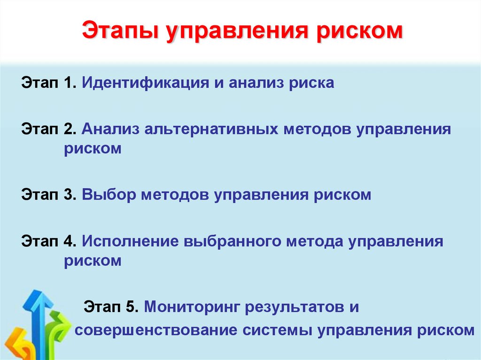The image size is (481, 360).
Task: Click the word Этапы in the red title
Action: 120,31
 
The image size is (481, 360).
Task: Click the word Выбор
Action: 109,195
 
